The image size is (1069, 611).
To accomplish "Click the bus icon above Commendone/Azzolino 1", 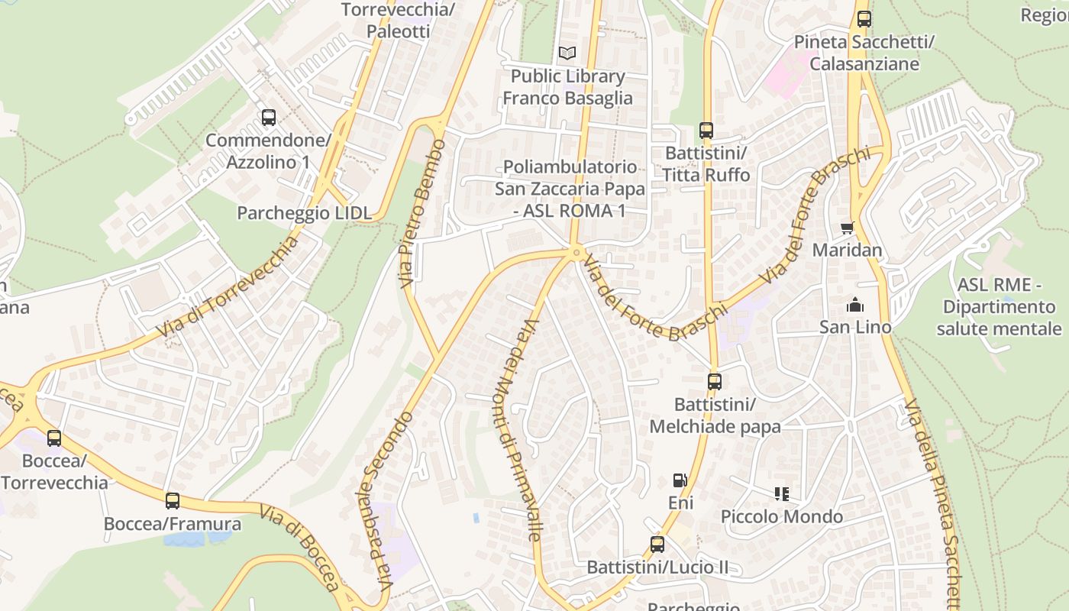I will [269, 118].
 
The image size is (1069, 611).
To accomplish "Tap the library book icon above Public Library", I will [567, 53].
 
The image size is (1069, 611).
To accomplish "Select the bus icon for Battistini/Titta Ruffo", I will [706, 131].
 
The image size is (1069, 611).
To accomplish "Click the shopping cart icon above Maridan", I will [847, 228].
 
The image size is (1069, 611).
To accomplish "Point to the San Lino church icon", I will [855, 305].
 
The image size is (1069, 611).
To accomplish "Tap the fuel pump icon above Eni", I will [680, 480].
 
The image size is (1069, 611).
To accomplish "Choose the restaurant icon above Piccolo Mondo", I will [781, 494].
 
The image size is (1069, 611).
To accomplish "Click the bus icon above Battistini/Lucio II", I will [657, 545].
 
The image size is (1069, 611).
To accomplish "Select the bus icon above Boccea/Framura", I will [173, 501].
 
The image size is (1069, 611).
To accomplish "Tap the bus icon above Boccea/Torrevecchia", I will [54, 438].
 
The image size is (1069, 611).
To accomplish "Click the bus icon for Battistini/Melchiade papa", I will [715, 381].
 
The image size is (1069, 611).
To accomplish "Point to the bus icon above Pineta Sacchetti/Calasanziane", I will [864, 19].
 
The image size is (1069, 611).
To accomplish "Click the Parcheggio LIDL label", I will [304, 213].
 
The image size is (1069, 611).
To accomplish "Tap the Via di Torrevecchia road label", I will [227, 287].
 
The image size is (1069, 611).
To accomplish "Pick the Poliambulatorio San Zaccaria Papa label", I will [570, 189].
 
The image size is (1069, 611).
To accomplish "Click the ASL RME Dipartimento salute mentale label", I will [999, 307].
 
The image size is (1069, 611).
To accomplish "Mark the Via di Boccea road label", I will [299, 548].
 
